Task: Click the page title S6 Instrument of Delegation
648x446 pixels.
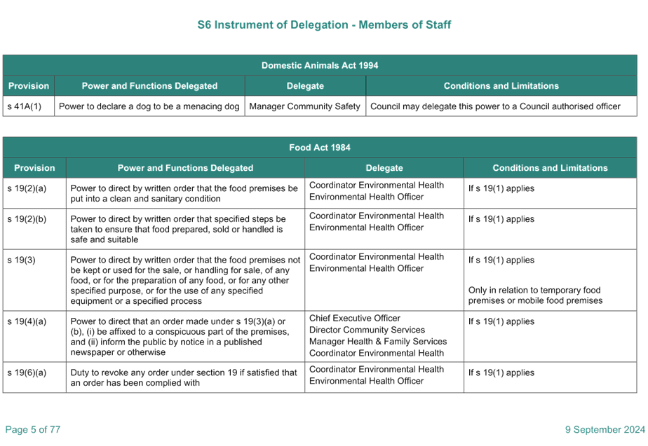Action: [324, 25]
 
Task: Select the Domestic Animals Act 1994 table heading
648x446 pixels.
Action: [320, 65]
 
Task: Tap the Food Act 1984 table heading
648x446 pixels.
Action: [320, 147]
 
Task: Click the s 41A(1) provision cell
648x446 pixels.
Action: [29, 106]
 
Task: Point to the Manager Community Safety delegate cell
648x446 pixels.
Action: [305, 106]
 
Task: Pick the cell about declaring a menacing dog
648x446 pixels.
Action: [149, 106]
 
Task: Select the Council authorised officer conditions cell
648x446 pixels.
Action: [501, 106]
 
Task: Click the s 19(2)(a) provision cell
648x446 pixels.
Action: [34, 193]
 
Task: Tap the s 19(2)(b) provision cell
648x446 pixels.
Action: [34, 229]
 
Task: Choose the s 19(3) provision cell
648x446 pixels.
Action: [34, 280]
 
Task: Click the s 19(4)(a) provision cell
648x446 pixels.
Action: [34, 337]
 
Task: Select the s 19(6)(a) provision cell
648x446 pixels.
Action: [34, 377]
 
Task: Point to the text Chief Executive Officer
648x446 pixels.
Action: [355, 318]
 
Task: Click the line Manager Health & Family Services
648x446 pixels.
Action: [378, 341]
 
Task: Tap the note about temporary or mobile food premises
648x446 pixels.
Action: [535, 295]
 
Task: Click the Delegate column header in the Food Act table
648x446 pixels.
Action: [384, 168]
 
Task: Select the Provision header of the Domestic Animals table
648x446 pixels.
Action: [29, 86]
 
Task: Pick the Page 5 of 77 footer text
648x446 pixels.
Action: [33, 429]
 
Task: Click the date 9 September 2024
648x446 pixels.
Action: [605, 429]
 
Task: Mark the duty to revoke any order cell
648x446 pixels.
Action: [185, 377]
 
